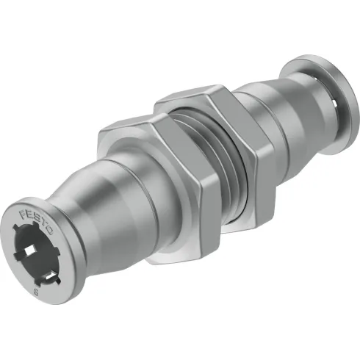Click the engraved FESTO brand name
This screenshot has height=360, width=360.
pos(36,222)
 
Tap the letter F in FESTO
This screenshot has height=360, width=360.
pos(23,214)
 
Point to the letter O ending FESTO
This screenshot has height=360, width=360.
pos(49,231)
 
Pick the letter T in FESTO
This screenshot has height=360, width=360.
pos(43,224)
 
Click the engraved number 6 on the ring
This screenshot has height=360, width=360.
pos(36,292)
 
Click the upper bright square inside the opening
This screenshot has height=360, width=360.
pos(30,251)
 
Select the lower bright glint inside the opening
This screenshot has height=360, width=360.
pos(51,276)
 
